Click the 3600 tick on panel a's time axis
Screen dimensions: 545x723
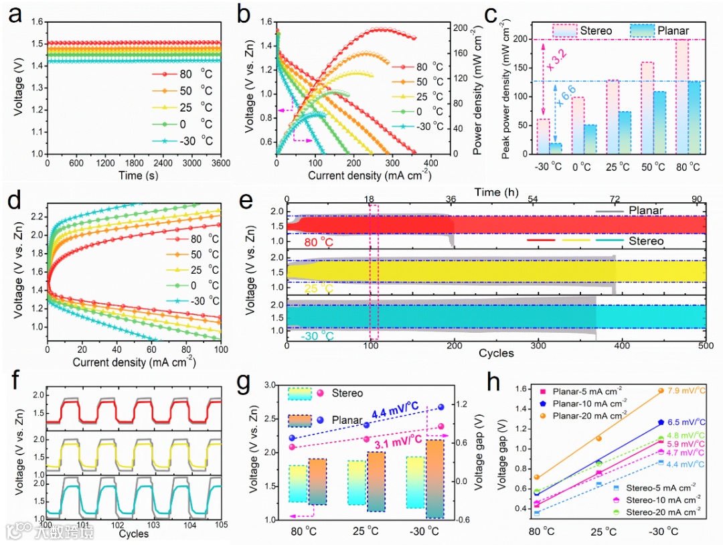pyautogui.click(x=220, y=163)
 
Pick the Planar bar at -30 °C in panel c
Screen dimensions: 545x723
pyautogui.click(x=556, y=148)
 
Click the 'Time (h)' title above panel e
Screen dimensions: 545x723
pyautogui.click(x=495, y=191)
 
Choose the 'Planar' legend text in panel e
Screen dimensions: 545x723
pyautogui.click(x=645, y=210)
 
